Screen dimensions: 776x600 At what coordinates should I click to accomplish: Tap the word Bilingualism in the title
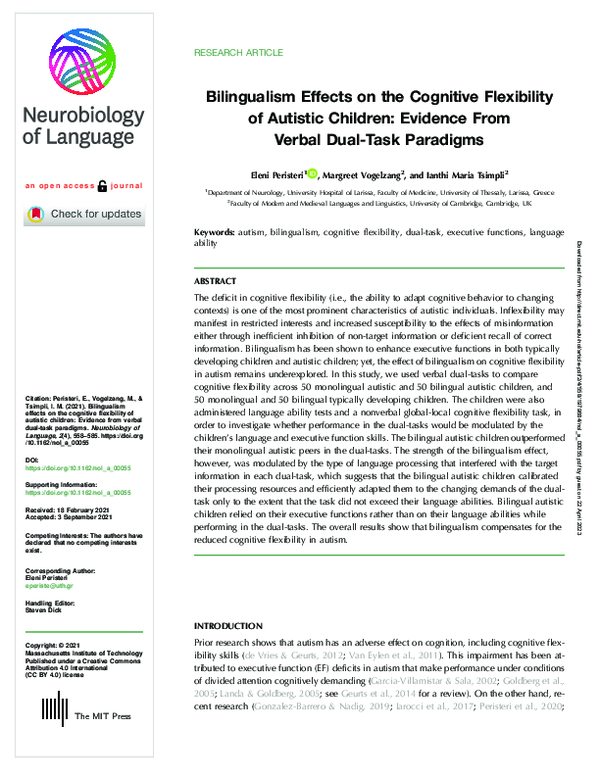(x=256, y=97)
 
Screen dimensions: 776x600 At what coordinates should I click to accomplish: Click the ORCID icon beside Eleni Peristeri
(x=313, y=173)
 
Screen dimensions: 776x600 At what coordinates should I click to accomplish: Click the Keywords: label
(x=216, y=233)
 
